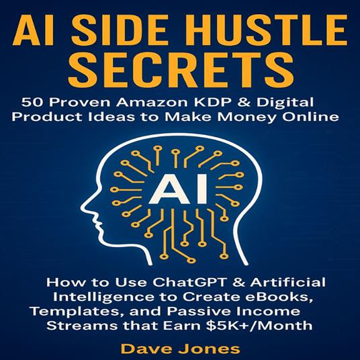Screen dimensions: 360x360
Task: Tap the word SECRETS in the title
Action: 180,68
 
